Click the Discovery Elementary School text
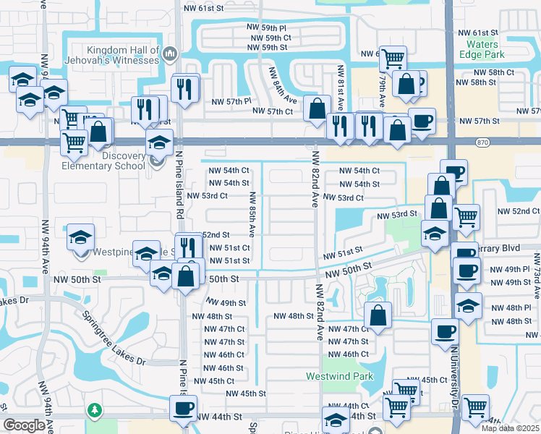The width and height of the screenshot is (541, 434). point(112,160)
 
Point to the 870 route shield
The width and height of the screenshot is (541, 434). point(482,143)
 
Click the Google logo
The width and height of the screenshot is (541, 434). point(24,425)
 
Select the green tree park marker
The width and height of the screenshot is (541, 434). point(94,411)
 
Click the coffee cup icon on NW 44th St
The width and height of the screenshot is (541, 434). point(182,408)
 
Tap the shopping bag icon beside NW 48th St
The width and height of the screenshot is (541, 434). point(378,315)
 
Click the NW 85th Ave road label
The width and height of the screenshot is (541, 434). point(252,214)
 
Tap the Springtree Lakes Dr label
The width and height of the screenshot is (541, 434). point(113,338)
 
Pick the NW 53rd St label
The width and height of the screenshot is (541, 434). point(397,214)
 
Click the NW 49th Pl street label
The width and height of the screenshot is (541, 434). point(509,269)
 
